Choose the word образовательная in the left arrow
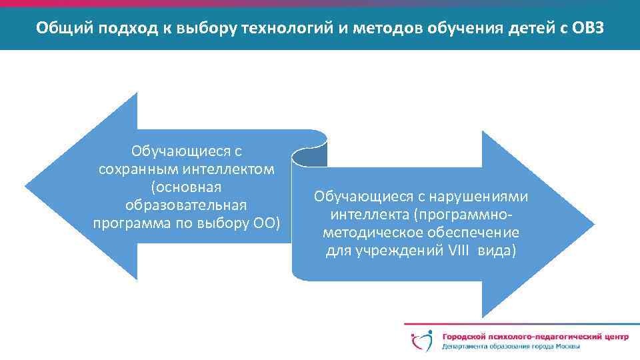[x=186, y=204]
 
